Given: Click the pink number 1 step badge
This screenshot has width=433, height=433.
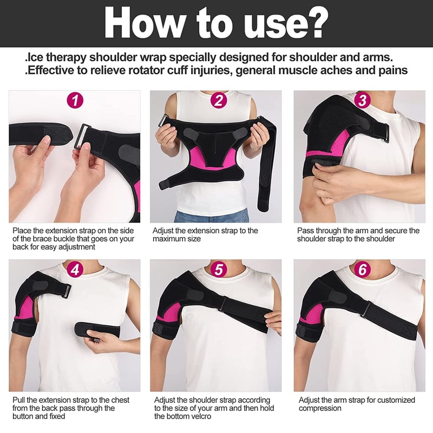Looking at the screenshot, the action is (x=75, y=100).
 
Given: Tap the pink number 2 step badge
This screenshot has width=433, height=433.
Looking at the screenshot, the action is (x=219, y=100).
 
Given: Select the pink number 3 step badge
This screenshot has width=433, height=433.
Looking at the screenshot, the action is (x=362, y=100).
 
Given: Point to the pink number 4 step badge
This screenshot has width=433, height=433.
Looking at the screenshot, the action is (x=75, y=269).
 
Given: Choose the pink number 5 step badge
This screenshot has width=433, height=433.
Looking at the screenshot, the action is (x=219, y=269).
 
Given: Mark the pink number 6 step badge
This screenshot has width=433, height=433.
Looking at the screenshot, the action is (x=362, y=269).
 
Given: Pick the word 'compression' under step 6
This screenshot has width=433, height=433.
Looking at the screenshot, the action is (x=320, y=409).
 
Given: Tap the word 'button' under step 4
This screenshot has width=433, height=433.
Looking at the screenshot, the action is (x=24, y=416).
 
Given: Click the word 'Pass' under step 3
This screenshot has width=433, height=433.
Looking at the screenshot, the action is (x=305, y=231).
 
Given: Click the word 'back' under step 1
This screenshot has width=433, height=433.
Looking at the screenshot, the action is (x=21, y=247).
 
